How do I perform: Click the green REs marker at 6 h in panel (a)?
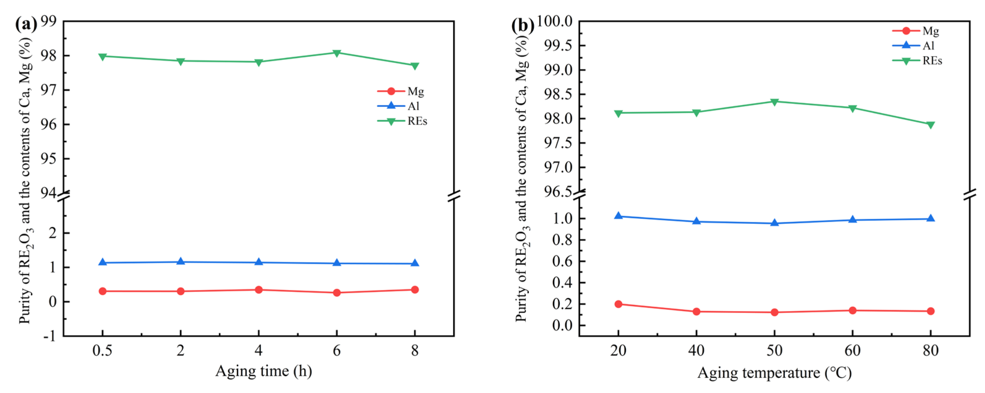pos(336,53)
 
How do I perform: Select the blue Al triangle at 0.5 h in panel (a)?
pos(102,262)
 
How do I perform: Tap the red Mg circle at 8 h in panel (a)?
pos(414,290)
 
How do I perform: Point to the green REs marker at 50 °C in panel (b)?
pos(774,102)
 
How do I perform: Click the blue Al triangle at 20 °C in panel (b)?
pos(618,216)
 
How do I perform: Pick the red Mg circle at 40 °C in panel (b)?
pos(696,312)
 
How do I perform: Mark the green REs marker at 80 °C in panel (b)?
pos(930,125)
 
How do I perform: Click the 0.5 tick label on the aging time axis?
pos(102,351)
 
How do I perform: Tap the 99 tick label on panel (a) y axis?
pos(48,21)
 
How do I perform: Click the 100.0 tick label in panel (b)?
pos(555,21)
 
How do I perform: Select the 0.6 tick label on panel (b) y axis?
pos(563,261)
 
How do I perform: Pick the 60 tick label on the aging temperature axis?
pos(852,351)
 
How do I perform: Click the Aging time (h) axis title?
pos(263,371)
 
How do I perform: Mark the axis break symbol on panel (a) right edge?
pos(454,196)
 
